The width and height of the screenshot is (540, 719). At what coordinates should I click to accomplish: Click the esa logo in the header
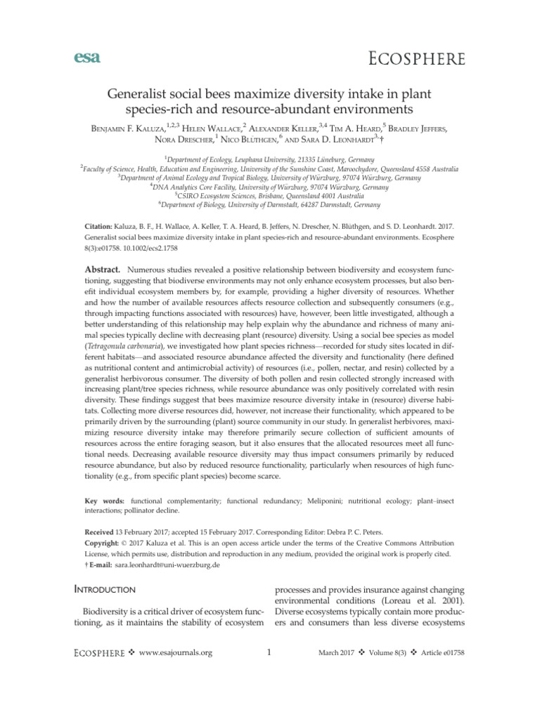pyautogui.click(x=84, y=58)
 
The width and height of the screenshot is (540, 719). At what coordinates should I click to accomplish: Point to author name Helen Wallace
pyautogui.click(x=215, y=129)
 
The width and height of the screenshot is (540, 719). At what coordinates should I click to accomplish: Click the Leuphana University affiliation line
pyautogui.click(x=270, y=161)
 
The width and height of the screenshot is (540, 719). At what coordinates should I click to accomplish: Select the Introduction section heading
pyautogui.click(x=115, y=591)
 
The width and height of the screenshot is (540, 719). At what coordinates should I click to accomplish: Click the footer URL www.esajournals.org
pyautogui.click(x=176, y=654)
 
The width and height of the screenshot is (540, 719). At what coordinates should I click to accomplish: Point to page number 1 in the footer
pyautogui.click(x=270, y=654)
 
